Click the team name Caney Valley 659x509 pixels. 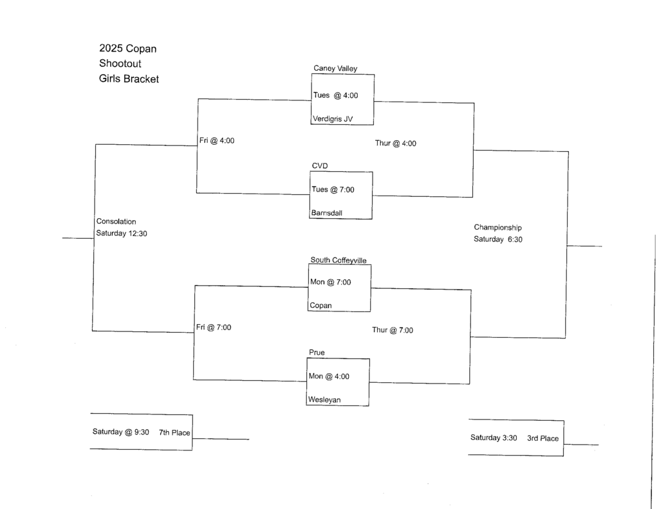335,68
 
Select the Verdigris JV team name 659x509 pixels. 332,118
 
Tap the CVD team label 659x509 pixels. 320,166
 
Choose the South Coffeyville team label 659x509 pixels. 339,260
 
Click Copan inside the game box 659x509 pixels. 320,306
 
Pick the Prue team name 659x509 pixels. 317,353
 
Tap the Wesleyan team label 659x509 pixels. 324,400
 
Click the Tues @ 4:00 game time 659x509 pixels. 335,95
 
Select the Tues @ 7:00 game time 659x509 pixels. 333,189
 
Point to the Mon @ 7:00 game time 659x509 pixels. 331,282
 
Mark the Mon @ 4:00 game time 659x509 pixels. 329,376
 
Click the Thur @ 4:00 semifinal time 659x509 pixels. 396,143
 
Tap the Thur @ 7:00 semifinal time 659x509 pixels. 393,330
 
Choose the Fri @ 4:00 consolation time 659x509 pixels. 217,141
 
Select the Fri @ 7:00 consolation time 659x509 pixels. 214,327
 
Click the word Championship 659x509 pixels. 497,227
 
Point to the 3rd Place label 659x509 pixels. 543,438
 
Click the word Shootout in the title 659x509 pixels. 120,64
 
